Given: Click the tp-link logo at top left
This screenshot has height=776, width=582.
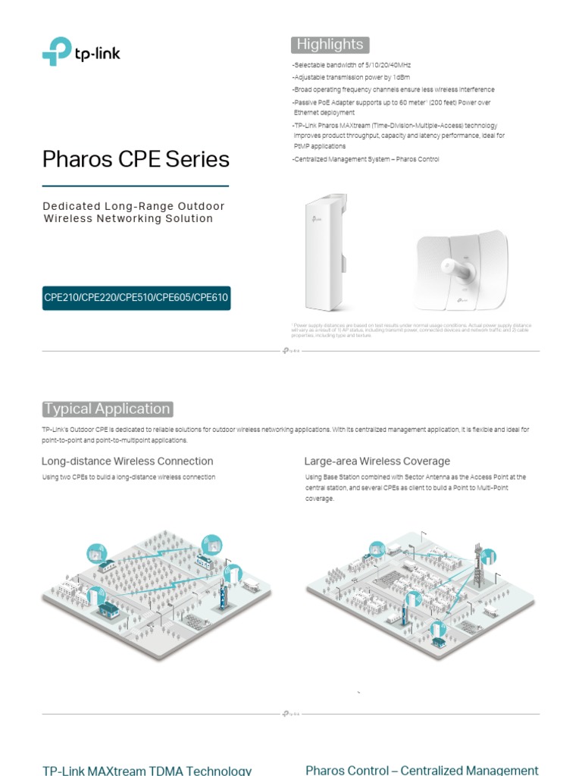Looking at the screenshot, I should coord(81,52).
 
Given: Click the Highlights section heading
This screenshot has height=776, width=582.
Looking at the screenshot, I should coord(330,44).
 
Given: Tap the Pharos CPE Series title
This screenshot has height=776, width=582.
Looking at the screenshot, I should coord(136,159).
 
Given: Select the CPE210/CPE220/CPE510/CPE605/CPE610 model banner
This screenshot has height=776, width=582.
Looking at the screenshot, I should coord(136,297).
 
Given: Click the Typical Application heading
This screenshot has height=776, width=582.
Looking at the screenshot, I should coord(107,409).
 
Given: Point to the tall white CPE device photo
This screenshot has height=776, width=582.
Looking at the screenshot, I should coord(326,252).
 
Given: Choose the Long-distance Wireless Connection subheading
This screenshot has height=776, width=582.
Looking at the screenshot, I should coord(127,461).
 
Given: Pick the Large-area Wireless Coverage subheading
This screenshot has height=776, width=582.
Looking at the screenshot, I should coord(377,461).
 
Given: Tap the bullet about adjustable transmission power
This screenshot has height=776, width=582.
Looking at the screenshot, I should coord(352,77).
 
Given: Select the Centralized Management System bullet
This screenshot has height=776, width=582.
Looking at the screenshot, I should coord(365,159).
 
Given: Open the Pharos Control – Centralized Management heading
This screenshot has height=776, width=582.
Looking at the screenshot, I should coord(422,770).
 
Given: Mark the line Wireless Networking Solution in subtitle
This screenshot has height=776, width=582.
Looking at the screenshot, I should coord(128,218).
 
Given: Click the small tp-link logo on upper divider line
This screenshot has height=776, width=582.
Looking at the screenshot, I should coord(291,351).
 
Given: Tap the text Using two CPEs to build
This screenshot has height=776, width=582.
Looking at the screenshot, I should coord(129,477).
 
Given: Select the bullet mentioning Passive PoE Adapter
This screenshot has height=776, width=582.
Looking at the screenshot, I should coord(391,107).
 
